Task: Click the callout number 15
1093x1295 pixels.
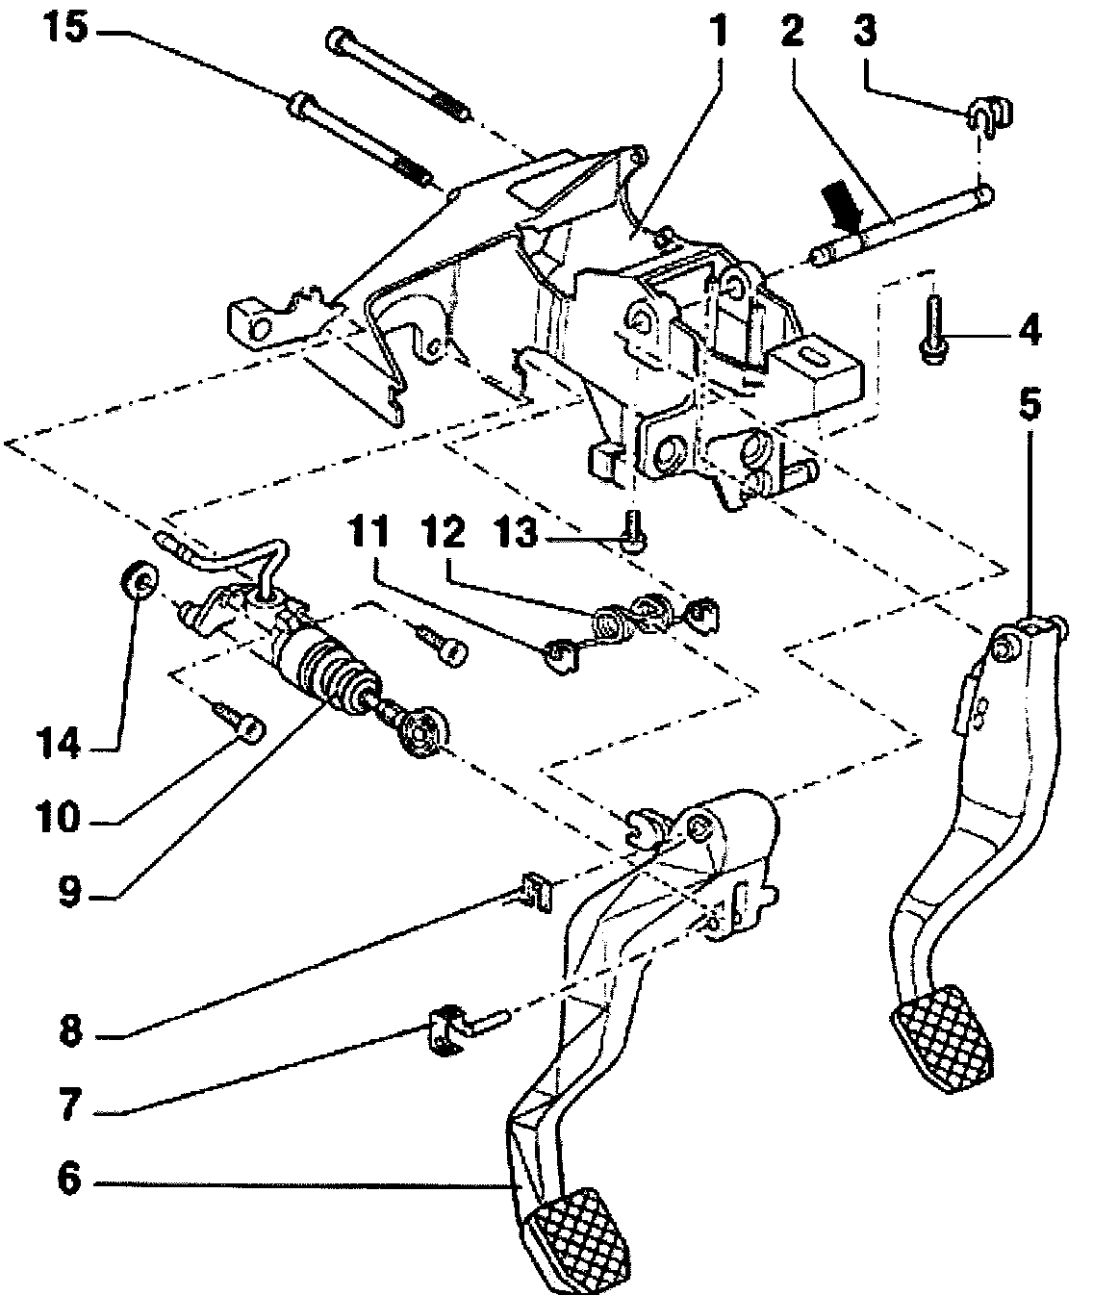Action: point(66,28)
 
